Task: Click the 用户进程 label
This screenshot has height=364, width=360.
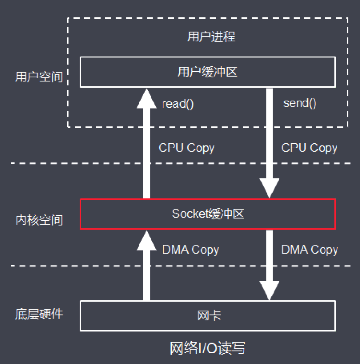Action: (211, 37)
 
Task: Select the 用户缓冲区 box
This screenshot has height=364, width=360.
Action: (207, 72)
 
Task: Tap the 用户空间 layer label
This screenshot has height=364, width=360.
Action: (39, 77)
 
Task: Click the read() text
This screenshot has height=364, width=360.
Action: (177, 104)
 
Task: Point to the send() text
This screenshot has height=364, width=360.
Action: (300, 103)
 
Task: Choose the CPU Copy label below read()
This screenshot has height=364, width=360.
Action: (186, 148)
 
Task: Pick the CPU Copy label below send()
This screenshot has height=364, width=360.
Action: (309, 148)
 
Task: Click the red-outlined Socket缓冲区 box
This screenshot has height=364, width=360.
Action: (207, 214)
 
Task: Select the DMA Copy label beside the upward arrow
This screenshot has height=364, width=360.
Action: (190, 250)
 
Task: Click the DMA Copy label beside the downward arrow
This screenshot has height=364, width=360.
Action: (309, 250)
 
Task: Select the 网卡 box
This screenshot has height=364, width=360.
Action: (207, 316)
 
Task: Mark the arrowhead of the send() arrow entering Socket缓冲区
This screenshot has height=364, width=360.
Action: (269, 188)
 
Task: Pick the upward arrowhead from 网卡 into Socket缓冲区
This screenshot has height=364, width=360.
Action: (147, 240)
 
